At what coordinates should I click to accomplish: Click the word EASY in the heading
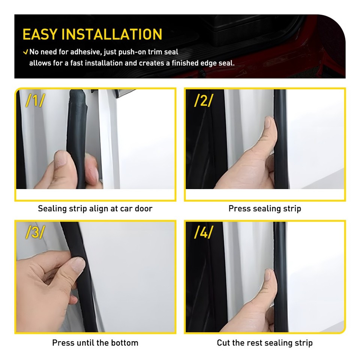(40, 34)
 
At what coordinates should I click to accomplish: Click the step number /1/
(35, 100)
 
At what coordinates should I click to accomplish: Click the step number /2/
(204, 100)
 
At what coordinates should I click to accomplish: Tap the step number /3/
(35, 232)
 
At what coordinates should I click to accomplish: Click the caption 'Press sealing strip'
(265, 208)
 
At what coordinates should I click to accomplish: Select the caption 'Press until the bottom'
(95, 343)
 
